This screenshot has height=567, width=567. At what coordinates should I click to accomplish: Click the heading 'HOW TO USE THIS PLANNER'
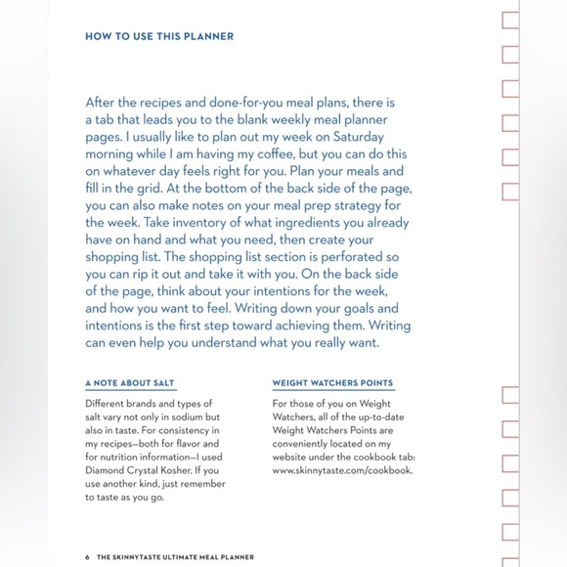(159, 37)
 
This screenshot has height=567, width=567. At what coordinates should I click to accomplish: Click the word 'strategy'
(346, 206)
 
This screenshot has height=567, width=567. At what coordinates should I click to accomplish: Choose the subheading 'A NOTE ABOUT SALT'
(130, 383)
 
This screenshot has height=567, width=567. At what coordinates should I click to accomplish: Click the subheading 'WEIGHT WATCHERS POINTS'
(332, 383)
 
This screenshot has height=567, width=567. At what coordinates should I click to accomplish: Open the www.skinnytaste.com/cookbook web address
(342, 469)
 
